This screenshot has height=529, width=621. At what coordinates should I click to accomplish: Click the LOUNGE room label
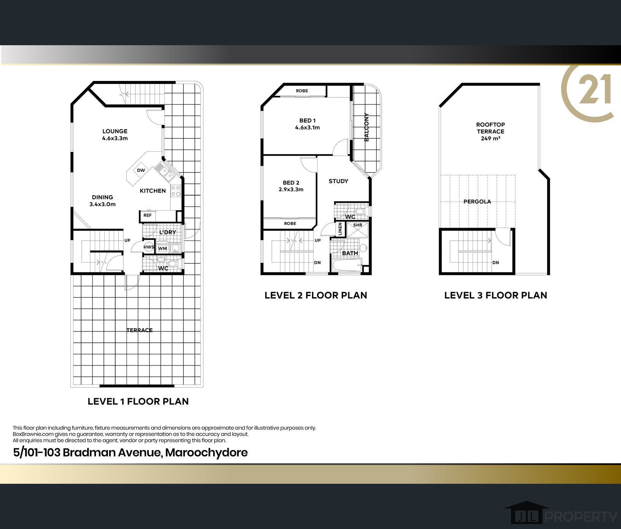click(115, 131)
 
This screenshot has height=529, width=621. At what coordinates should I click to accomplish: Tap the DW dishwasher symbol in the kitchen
click(141, 170)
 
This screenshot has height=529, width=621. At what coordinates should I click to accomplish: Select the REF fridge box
click(147, 215)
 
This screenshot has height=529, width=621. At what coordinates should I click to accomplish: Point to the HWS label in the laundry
click(148, 247)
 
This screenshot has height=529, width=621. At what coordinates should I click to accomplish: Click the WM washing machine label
click(162, 249)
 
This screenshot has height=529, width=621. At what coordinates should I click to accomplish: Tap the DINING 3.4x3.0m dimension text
click(102, 204)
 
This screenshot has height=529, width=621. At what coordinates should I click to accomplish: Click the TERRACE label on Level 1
click(140, 330)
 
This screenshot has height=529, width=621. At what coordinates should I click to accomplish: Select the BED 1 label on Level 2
click(307, 121)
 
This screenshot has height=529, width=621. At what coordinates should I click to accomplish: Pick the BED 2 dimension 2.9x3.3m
click(291, 190)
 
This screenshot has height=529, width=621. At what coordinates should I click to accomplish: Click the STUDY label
click(338, 181)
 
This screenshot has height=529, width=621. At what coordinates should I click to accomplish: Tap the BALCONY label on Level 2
click(367, 127)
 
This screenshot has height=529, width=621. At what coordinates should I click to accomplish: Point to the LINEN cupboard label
click(340, 229)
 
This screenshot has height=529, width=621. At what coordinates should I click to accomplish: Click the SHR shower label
click(357, 225)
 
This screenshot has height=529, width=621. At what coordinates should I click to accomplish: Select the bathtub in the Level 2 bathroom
click(347, 266)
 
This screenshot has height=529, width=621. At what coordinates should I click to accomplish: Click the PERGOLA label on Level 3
click(477, 202)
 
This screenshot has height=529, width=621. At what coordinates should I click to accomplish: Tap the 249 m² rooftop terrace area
click(490, 139)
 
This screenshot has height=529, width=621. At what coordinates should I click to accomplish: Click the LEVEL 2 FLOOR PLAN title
click(316, 295)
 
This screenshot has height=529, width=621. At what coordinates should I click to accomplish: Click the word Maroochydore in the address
click(207, 453)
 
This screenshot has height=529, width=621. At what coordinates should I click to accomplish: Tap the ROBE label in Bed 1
click(302, 91)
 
